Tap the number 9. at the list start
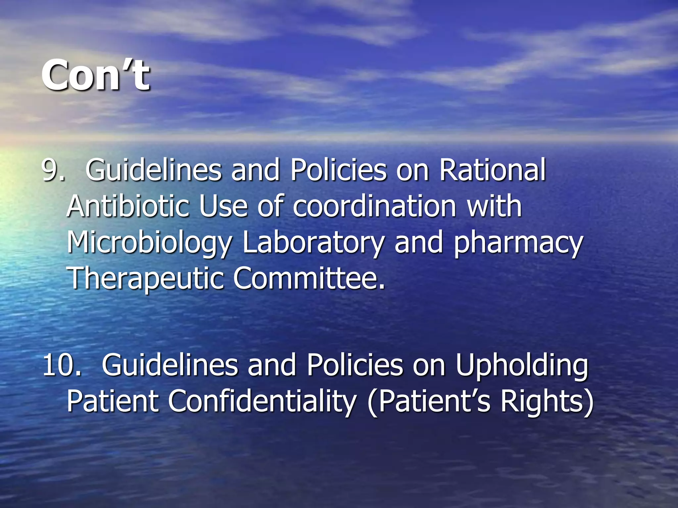53,170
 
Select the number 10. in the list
62,365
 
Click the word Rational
492,170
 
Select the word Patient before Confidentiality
113,401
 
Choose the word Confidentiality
262,401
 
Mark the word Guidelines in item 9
153,170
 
